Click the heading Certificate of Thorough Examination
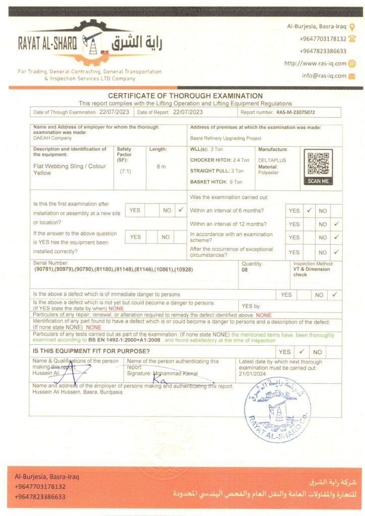tap(185, 96)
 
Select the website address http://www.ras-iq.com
tap(315, 63)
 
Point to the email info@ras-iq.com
tap(324, 76)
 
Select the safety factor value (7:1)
tap(126, 172)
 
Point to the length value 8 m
tap(161, 167)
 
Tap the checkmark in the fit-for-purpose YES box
tap(301, 351)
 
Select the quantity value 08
tap(246, 270)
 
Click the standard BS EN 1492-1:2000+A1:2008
tap(125, 341)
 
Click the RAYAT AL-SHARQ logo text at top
tap(47, 44)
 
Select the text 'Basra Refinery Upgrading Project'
tap(226, 138)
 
